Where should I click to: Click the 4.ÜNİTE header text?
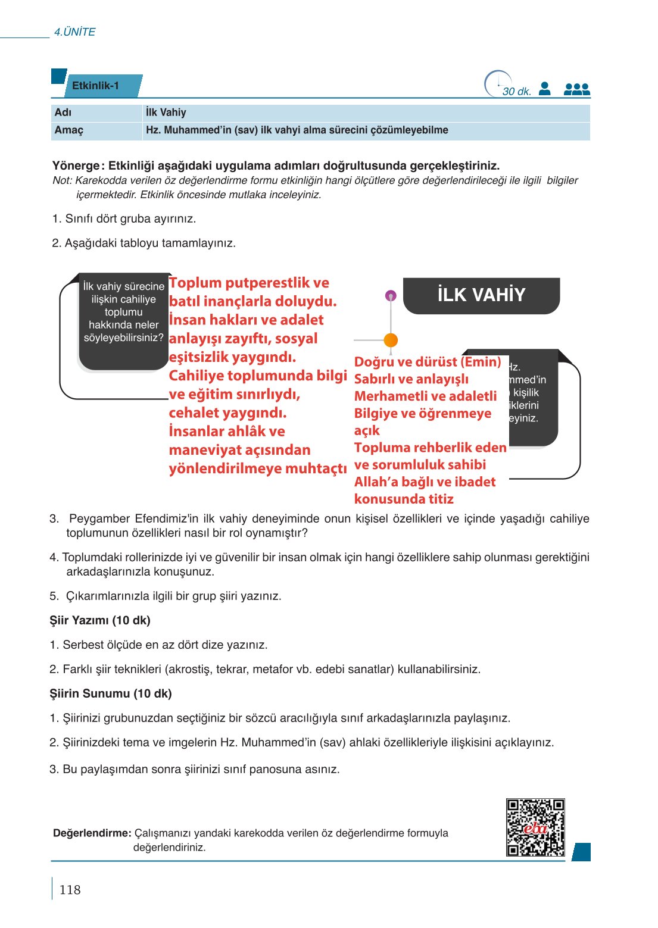coord(74,32)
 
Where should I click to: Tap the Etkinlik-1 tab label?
coord(96,86)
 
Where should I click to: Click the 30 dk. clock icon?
coord(498,85)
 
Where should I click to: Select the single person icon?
coord(544,89)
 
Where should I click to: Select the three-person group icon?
coord(576,89)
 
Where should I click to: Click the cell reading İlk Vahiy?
coord(166,113)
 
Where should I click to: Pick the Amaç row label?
coord(69,130)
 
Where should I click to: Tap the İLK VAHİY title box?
coord(481,295)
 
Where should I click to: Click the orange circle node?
coord(391,340)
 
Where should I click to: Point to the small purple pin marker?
coord(391,295)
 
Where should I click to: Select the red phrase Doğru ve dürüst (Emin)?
coord(428,362)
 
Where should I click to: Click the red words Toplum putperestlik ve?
coord(249,283)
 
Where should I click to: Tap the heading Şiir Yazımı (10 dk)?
coord(100,620)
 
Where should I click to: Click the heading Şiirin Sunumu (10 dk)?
coord(111,693)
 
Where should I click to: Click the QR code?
coord(535,827)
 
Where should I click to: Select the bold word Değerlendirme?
coord(92,833)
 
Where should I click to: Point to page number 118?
coord(70,890)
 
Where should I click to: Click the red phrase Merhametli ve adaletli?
coord(425,396)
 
